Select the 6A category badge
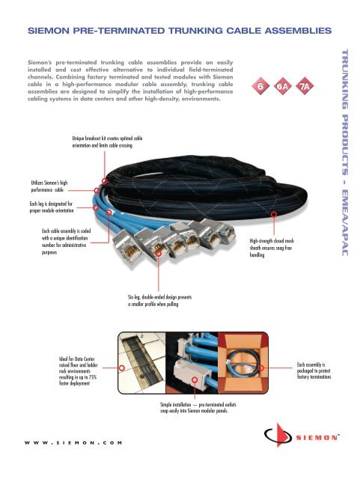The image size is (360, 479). pos(281,87)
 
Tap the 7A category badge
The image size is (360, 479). pos(305,87)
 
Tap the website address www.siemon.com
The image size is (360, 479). pos(71,442)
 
